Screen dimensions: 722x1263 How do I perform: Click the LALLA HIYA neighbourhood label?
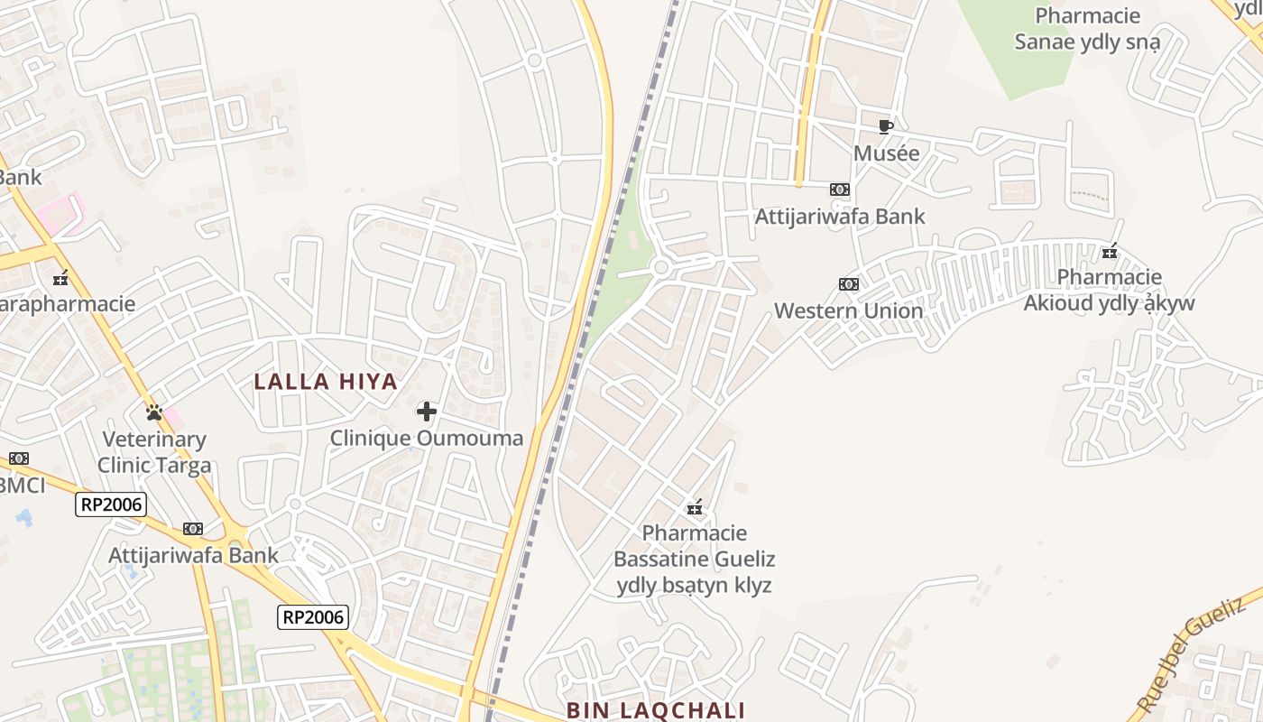[x=326, y=381]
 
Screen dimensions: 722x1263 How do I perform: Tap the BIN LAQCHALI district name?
[x=656, y=710]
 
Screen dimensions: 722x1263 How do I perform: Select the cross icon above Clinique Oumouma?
[x=427, y=412]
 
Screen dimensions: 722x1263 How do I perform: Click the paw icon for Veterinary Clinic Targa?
[x=154, y=412]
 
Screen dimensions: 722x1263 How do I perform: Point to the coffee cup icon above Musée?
[x=886, y=126]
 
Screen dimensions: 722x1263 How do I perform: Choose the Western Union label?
[x=849, y=310]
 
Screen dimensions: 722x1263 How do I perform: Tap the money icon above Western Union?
[x=849, y=284]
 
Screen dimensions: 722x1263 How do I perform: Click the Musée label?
[x=887, y=153]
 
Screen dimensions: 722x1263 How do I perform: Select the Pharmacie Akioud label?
[x=1109, y=290]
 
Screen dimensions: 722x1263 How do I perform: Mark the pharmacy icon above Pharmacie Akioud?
[x=1110, y=251]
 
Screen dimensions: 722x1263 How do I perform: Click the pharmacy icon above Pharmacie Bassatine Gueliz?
[x=695, y=507]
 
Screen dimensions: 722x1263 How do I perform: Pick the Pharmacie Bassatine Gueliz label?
[x=695, y=559]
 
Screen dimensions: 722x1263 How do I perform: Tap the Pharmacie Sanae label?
[x=1087, y=29]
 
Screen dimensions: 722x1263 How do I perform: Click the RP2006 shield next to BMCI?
[x=111, y=504]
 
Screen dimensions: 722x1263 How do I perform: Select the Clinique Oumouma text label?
[x=427, y=439]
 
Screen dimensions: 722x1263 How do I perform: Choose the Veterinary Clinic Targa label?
[x=154, y=452]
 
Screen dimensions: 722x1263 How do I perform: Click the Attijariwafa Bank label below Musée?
[x=840, y=216]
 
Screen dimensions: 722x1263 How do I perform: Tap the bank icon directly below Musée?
[x=840, y=190]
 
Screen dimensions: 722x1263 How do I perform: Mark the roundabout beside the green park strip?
[x=661, y=267]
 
